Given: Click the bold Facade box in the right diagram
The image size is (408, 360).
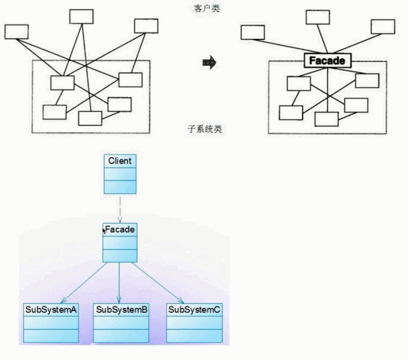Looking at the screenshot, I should [x=327, y=61].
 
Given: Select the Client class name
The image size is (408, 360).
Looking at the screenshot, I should [x=120, y=161].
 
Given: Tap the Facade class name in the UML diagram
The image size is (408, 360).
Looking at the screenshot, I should [x=120, y=229].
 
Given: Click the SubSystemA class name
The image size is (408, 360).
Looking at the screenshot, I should [x=51, y=310].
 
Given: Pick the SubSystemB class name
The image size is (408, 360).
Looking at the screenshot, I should [x=121, y=310].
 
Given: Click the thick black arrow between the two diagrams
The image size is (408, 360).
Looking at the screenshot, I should [x=209, y=63].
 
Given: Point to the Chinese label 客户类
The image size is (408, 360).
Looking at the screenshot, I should [x=207, y=9].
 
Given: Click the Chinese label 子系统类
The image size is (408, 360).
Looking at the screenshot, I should [x=205, y=129].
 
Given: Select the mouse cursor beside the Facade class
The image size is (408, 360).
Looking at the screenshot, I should [x=104, y=230].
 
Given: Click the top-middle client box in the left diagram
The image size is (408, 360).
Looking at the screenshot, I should [x=81, y=16].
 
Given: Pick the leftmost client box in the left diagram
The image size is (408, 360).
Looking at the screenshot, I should [x=16, y=32].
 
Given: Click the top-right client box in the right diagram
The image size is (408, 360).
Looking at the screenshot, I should [x=383, y=27].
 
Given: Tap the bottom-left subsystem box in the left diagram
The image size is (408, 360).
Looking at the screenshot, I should [x=55, y=112].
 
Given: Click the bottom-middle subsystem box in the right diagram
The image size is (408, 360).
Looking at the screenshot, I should [x=326, y=119].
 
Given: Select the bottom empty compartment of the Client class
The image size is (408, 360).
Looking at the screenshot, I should [x=120, y=187].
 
